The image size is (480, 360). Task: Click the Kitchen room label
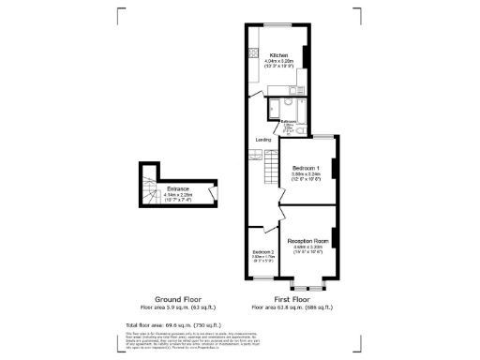(x=278, y=55)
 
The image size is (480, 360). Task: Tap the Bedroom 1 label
(x=307, y=169)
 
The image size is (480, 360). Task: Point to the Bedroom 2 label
(x=263, y=252)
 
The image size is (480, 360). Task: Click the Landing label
(x=264, y=140)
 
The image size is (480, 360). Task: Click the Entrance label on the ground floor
(x=177, y=189)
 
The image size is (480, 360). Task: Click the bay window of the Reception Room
(x=307, y=280)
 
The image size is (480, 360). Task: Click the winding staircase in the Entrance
(x=148, y=191)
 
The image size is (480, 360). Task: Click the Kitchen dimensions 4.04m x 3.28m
(x=278, y=62)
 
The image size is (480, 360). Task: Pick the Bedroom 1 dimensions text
(x=307, y=175)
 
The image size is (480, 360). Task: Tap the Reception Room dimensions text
(x=307, y=247)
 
